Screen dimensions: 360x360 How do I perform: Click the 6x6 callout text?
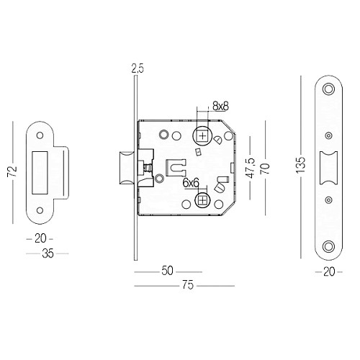190,184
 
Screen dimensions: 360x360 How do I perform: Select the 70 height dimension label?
265,168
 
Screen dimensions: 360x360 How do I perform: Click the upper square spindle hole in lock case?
202,135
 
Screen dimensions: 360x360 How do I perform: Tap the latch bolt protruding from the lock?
123,168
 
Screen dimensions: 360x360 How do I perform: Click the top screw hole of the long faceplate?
329,89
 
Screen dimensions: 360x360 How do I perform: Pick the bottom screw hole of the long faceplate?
329,246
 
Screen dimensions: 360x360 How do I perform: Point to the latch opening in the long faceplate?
328,168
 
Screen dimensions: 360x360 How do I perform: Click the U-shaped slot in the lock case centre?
174,166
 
